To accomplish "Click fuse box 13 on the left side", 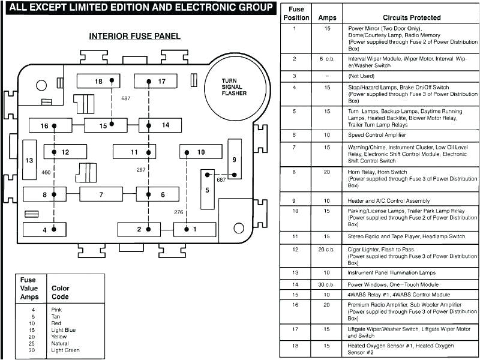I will click(x=29, y=160).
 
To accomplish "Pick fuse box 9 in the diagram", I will click(x=234, y=160).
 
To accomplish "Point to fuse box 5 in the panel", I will click(x=208, y=190).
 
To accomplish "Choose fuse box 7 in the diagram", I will click(x=101, y=194).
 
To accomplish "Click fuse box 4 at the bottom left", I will click(x=44, y=230).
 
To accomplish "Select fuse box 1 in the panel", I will click(x=194, y=229).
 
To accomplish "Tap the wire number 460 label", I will click(x=46, y=173).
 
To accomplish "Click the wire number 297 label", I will click(x=141, y=170).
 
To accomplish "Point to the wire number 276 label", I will click(x=178, y=212).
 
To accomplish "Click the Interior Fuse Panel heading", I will click(x=134, y=36).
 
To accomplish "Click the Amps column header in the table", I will click(x=327, y=18).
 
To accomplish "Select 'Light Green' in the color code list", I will click(x=66, y=350).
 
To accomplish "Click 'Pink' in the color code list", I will click(x=57, y=310).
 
